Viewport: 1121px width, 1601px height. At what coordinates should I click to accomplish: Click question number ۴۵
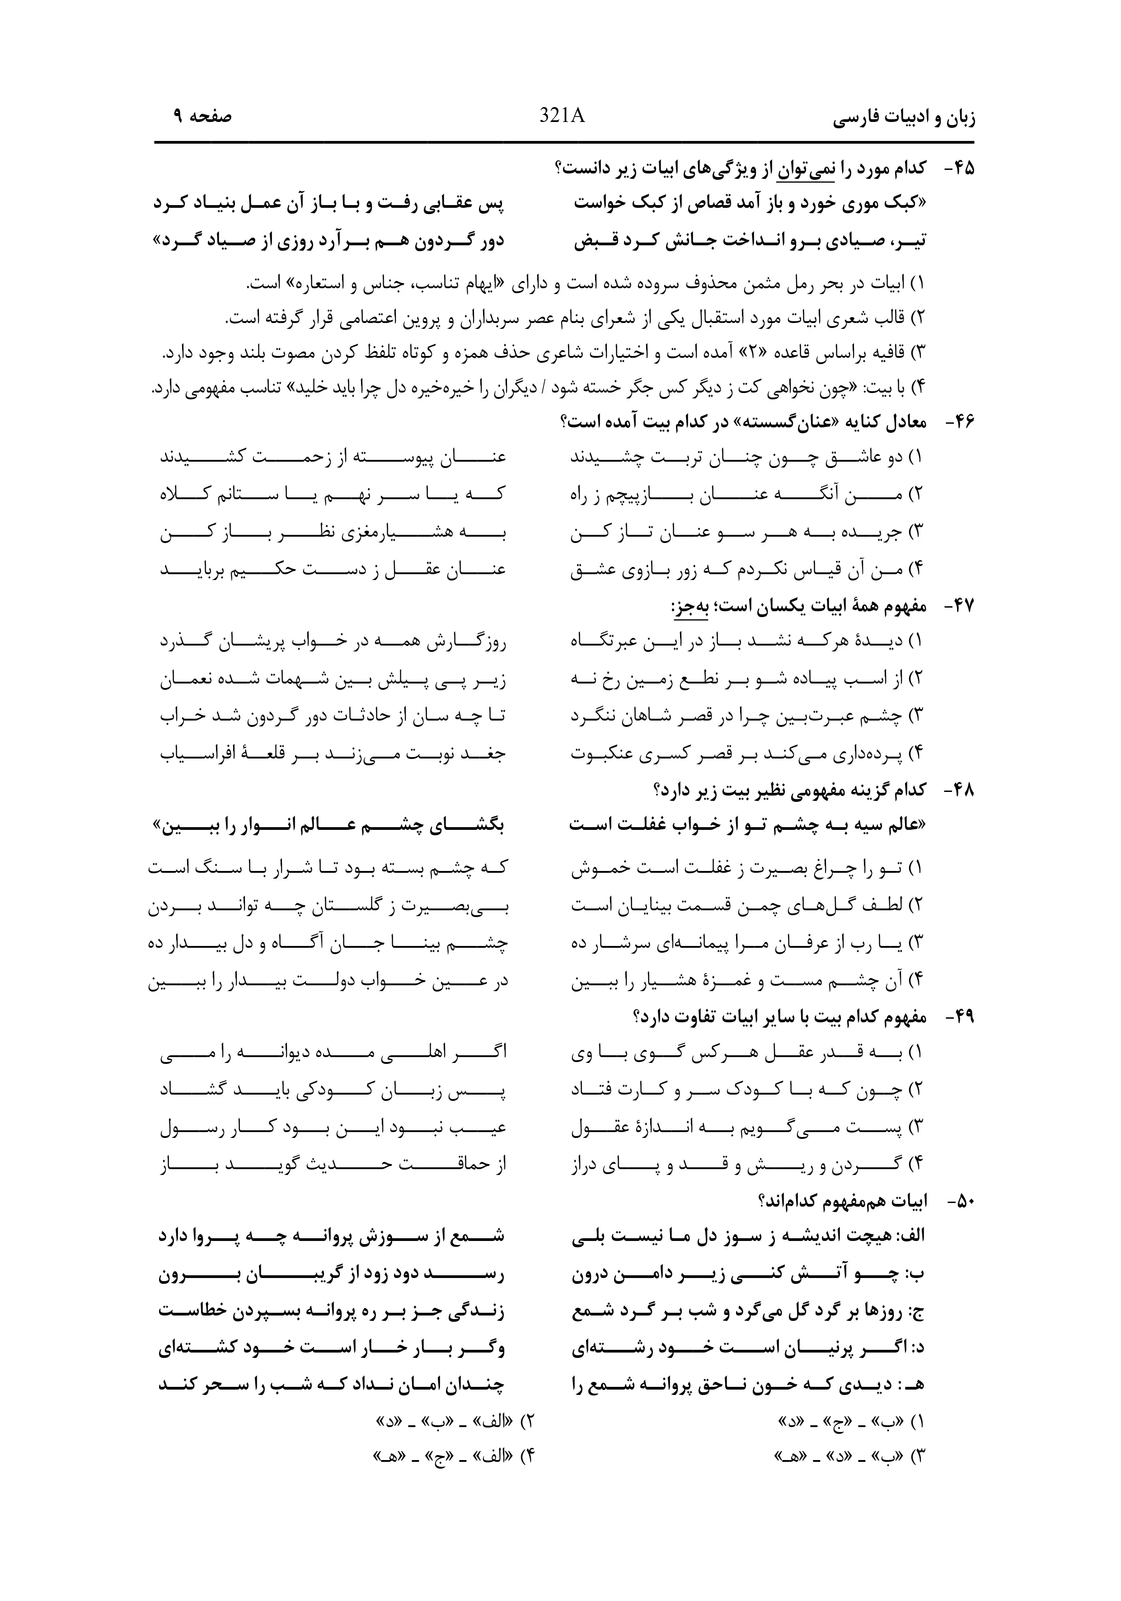[959, 169]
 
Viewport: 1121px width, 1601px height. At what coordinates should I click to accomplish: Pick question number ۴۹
[959, 1017]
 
